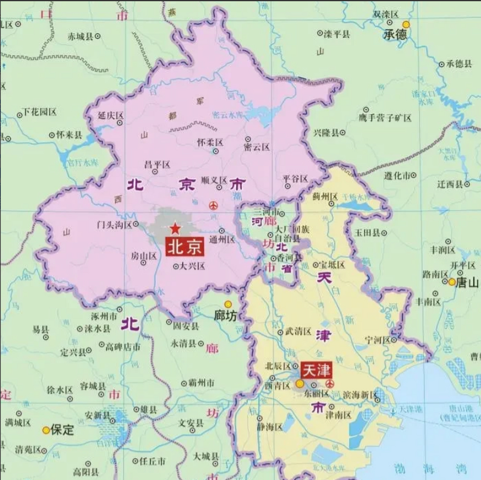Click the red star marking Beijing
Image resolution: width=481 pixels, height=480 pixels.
(175, 228)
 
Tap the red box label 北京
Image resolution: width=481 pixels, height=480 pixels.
(185, 247)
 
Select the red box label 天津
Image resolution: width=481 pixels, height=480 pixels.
(316, 370)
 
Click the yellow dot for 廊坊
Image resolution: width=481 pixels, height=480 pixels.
(228, 304)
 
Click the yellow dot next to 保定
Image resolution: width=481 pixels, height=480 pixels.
(46, 430)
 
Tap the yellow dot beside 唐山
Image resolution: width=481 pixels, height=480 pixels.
(452, 282)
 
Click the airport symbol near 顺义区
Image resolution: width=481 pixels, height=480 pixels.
(213, 205)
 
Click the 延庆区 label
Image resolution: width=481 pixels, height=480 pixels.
(110, 115)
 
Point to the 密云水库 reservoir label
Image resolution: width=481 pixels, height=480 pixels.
(228, 115)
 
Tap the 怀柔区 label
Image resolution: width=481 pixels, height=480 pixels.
(210, 142)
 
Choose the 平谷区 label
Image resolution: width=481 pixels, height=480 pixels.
(295, 179)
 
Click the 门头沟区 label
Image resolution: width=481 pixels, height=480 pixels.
(114, 225)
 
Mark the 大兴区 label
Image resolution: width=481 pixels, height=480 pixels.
(192, 266)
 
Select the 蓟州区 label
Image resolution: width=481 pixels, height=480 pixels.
(325, 196)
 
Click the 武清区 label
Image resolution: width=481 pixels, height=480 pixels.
(298, 331)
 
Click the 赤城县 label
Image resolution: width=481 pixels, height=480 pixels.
(80, 36)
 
